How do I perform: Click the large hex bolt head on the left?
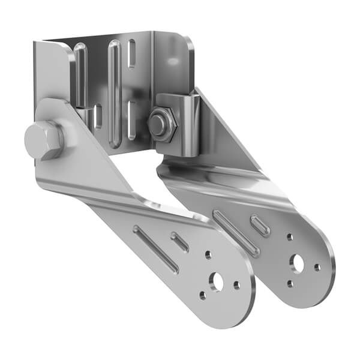[43, 140]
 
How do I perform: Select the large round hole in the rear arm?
[298, 262]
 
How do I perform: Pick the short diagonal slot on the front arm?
[180, 242]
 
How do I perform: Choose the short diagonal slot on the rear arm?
[260, 226]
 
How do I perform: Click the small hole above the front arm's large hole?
[208, 256]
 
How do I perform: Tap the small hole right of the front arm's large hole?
[237, 285]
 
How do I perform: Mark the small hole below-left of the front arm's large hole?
[203, 295]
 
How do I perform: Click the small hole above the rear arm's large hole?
[290, 238]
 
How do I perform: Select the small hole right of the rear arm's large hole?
[317, 267]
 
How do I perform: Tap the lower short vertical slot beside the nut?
[131, 120]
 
